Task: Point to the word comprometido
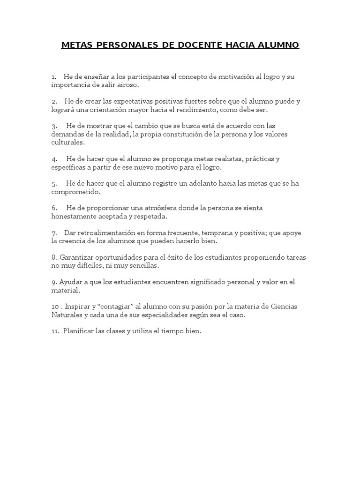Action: point(75,192)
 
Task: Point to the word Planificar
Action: point(80,331)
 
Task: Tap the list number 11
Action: point(55,331)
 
